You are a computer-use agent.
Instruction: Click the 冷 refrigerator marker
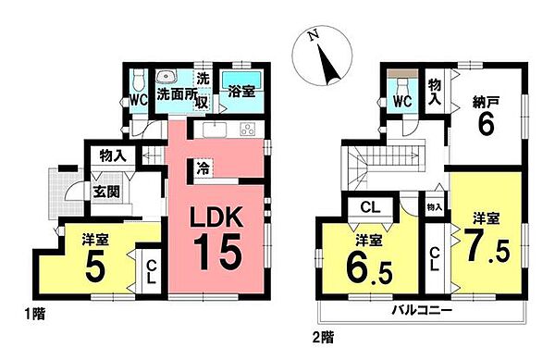202,168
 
